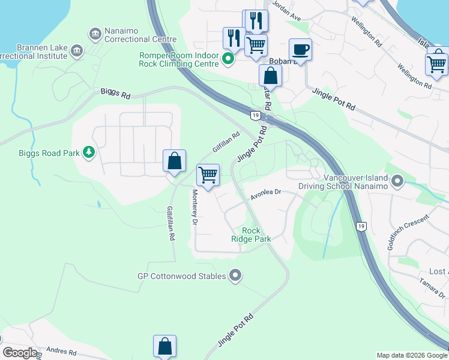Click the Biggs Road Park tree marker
tap(89, 152)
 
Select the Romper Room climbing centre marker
tap(228, 59)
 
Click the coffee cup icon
tap(300, 49)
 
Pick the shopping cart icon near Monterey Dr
tap(208, 175)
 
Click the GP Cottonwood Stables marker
tap(235, 276)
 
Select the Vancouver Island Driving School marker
tap(397, 181)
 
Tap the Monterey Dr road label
tap(195, 207)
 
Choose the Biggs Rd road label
tap(115, 94)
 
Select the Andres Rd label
tap(61, 351)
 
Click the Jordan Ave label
tap(286, 11)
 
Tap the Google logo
tap(20, 353)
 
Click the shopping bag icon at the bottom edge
tap(164, 346)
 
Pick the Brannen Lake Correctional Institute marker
tap(76, 51)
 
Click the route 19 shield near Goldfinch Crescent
tap(360, 226)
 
